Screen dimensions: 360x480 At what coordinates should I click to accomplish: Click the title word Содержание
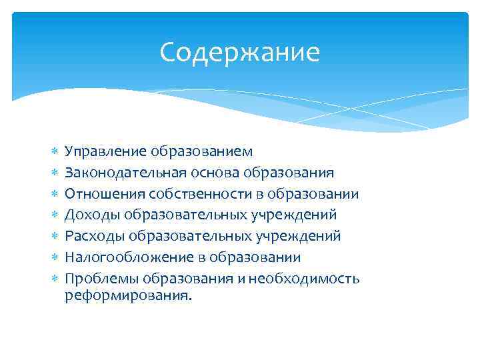tap(240, 53)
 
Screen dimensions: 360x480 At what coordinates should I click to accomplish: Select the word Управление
tap(105, 153)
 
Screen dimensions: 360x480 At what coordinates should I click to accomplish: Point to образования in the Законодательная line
tap(293, 173)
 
